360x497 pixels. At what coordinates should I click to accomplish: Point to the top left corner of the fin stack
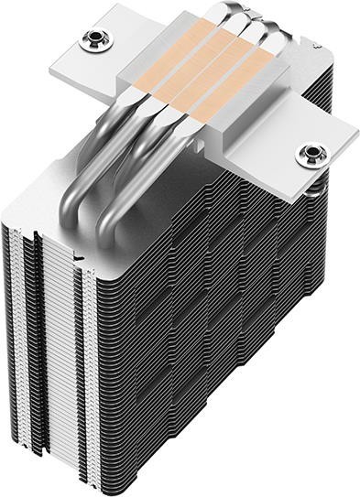tap(11, 220)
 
